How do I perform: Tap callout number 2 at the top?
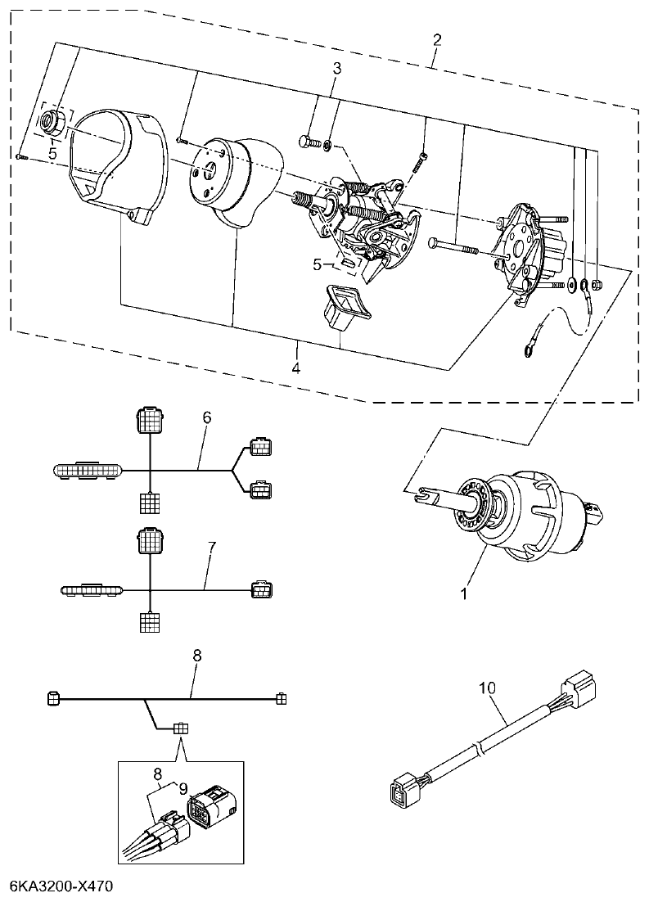click(437, 40)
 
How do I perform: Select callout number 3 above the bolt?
click(336, 68)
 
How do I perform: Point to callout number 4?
click(296, 368)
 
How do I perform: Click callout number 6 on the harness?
click(206, 417)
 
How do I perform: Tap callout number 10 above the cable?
click(487, 689)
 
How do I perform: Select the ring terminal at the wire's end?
click(525, 353)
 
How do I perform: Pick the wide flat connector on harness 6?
click(89, 471)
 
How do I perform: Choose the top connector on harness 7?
click(150, 539)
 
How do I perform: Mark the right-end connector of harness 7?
click(262, 589)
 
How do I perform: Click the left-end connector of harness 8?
click(54, 698)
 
